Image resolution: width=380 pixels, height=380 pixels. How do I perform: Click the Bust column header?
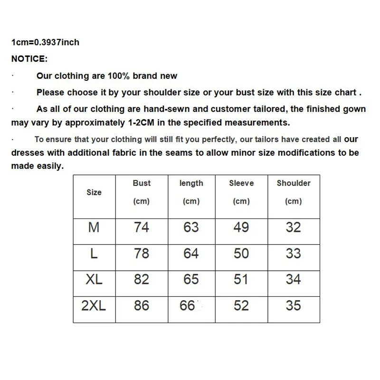click(142, 183)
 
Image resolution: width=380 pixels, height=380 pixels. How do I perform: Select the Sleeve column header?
click(241, 183)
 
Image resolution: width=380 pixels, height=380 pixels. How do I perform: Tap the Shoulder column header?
click(294, 183)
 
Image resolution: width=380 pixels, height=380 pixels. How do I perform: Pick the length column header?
click(191, 183)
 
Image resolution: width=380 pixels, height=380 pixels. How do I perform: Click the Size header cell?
click(94, 192)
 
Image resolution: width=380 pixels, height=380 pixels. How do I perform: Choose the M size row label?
click(94, 228)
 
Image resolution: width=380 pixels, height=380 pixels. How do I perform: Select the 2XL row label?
click(94, 305)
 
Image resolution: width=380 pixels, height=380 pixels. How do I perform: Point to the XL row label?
click(94, 279)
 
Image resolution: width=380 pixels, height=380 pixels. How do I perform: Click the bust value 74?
click(142, 228)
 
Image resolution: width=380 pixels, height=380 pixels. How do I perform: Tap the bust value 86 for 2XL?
click(142, 305)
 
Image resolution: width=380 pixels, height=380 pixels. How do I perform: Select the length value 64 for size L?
click(191, 254)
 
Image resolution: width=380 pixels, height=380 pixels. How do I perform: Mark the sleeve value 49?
click(241, 228)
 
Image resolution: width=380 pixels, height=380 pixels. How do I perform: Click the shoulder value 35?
click(294, 305)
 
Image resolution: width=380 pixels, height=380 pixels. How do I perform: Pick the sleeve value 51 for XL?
click(241, 279)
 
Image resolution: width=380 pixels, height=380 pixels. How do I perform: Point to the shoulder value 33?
click(294, 254)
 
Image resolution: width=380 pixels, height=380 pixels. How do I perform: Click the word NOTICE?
click(29, 59)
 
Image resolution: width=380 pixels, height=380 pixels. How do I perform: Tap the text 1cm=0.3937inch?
click(45, 42)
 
